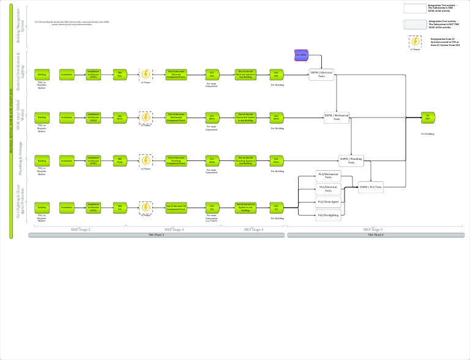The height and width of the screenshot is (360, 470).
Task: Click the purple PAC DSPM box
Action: pos(301,55)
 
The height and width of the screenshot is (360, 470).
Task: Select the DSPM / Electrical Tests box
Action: pos(321,74)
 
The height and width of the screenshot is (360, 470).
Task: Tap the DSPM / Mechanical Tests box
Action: pos(337,117)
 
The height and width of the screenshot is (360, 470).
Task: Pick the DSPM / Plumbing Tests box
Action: pos(351,160)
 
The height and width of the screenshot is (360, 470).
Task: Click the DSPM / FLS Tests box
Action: pos(371,187)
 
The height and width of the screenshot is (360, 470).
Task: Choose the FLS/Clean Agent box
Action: pos(328,201)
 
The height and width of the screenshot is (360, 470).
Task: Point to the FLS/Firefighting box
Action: pos(328,215)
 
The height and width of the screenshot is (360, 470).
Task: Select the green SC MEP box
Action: pos(428,117)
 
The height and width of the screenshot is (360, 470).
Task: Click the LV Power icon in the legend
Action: pos(415,41)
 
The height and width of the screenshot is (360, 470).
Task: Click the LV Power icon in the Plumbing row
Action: pos(146,160)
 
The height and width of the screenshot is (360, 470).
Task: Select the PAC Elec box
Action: pos(277,75)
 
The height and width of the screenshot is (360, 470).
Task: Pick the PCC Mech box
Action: pos(212,117)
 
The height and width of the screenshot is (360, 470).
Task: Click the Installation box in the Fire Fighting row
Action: pos(67,208)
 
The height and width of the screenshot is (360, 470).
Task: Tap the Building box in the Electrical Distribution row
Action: pos(42,75)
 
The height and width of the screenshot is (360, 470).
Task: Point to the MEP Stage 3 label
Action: pos(174,230)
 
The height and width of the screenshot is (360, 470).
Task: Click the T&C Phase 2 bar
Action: pos(157,235)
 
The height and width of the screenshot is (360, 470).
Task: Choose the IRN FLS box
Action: pos(120,208)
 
